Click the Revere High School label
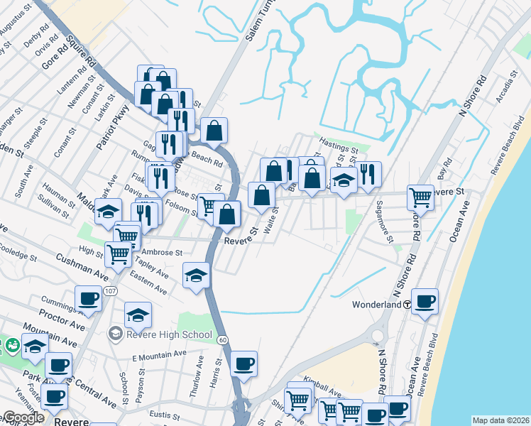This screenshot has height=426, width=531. tap(168, 334)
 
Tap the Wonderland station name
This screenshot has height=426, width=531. tap(377, 305)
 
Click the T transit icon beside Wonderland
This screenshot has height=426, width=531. tap(407, 305)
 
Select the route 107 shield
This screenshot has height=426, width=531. tap(111, 290)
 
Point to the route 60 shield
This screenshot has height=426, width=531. tap(222, 340)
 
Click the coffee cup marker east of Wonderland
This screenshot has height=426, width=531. tap(425, 301)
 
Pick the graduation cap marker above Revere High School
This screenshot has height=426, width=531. tap(138, 314)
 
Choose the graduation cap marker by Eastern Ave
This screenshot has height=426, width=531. tap(196, 275)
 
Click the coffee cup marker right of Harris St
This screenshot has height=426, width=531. tap(243, 363)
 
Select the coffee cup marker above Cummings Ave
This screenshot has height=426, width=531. tap(88, 298)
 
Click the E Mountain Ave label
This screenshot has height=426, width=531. tap(159, 353)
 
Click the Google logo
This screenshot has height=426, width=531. tap(23, 417)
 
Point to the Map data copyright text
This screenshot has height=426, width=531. tap(500, 420)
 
